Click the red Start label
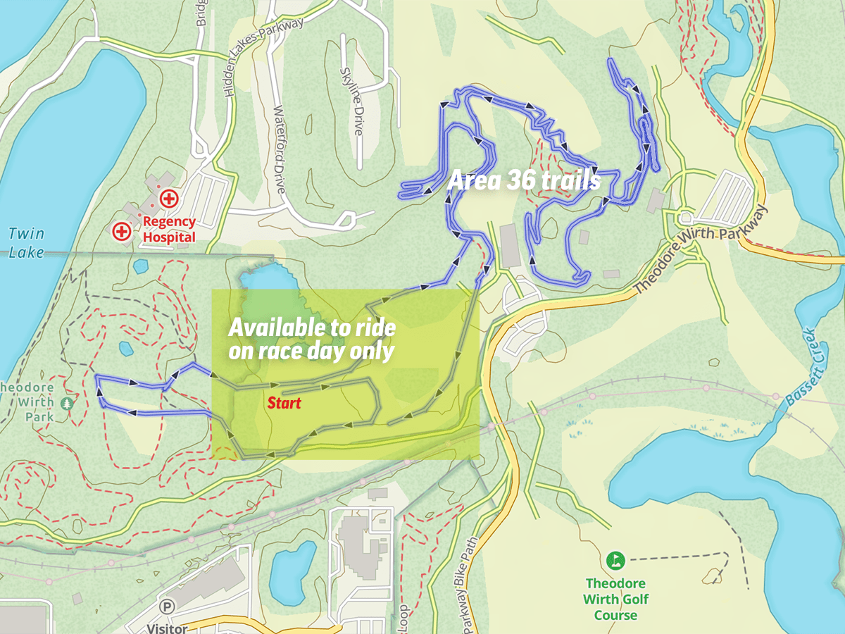pyautogui.click(x=284, y=403)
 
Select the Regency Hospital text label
pyautogui.click(x=169, y=230)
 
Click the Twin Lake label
pyautogui.click(x=26, y=242)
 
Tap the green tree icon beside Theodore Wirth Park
pyautogui.click(x=67, y=404)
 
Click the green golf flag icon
pyautogui.click(x=615, y=561)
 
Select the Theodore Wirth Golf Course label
pyautogui.click(x=615, y=599)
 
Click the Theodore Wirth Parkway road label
pyautogui.click(x=700, y=250)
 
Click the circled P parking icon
pyautogui.click(x=167, y=607)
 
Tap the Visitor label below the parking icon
pyautogui.click(x=167, y=627)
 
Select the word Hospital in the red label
pyautogui.click(x=169, y=237)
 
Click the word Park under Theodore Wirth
pyautogui.click(x=40, y=416)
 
